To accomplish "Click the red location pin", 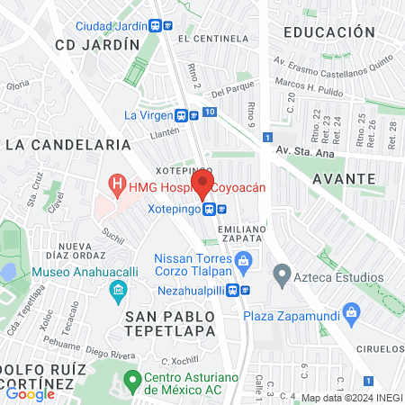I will [x=202, y=184].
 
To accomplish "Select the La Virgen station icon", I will [x=182, y=115].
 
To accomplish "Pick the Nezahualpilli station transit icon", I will [x=232, y=290].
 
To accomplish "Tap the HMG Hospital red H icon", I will [x=116, y=185].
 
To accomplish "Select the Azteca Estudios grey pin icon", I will [x=282, y=272].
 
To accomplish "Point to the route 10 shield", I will [x=209, y=112].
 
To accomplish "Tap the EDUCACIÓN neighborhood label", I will [x=328, y=31].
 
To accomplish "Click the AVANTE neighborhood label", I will [x=343, y=179].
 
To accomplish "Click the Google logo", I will [x=30, y=393].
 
